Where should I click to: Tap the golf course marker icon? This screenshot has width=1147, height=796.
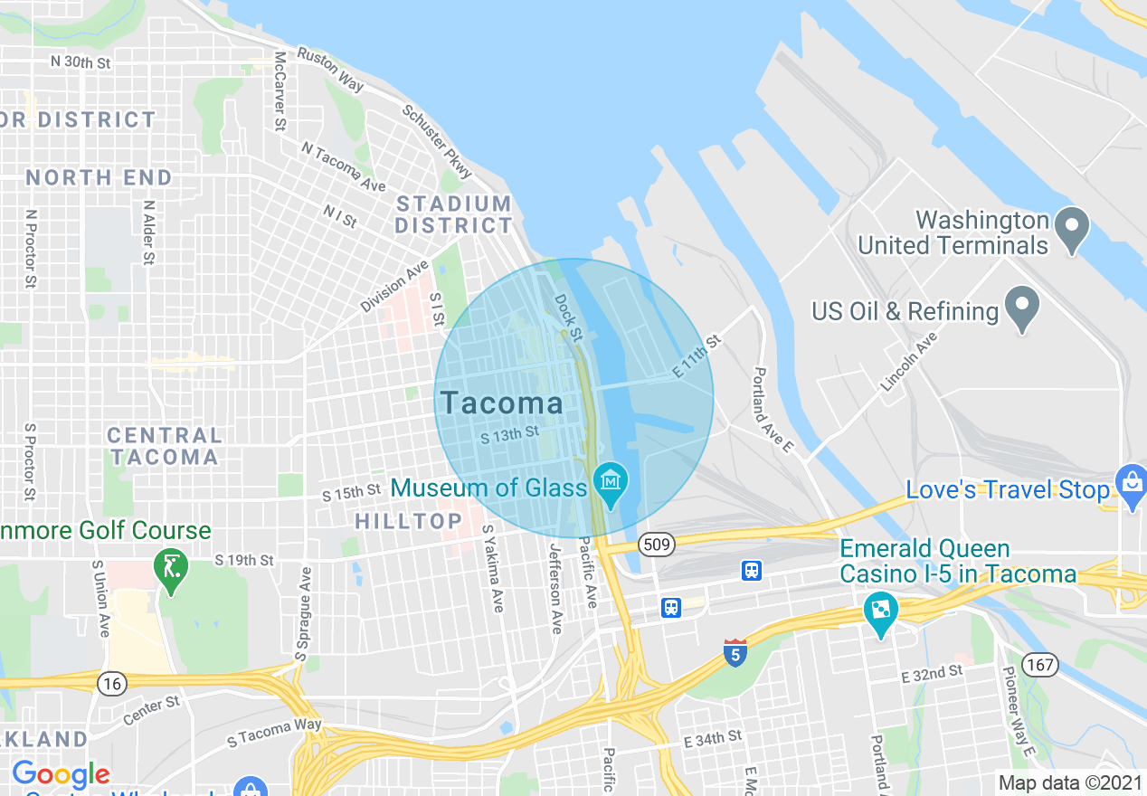171,570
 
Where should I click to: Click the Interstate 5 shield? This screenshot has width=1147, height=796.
735,652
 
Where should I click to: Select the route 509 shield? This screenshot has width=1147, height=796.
655,545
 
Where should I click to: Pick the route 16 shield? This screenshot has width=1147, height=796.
112,684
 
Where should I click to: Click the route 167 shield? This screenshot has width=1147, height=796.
1042,665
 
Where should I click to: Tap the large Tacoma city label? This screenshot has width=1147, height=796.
501,403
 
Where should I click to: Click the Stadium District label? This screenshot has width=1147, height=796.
454,214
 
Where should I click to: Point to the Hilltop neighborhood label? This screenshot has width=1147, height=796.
409,521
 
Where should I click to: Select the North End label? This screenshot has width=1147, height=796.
99,177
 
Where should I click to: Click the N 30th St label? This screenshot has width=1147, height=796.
81,62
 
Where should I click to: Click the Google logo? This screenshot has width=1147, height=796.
61,774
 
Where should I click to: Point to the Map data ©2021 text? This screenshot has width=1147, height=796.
1070,782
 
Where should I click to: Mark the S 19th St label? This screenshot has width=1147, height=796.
244,561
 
